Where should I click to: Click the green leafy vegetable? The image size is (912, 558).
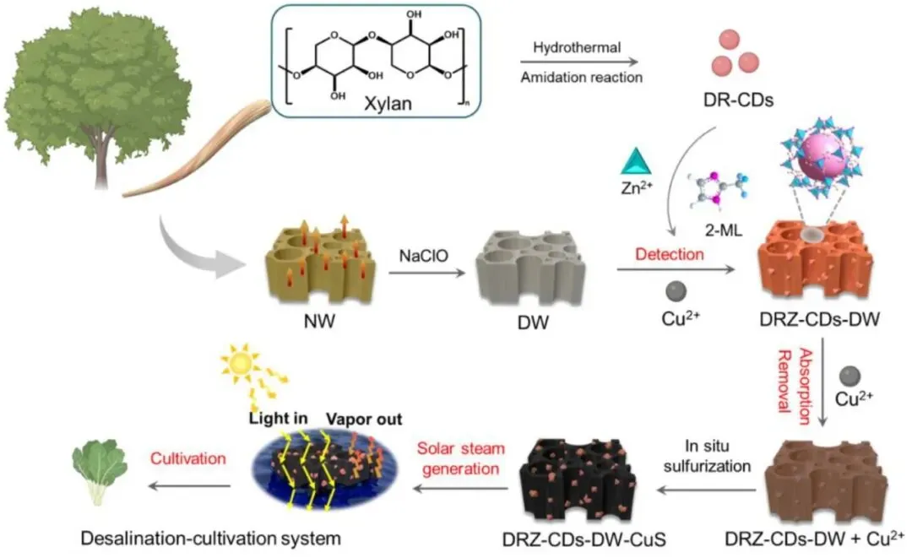[100, 474]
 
